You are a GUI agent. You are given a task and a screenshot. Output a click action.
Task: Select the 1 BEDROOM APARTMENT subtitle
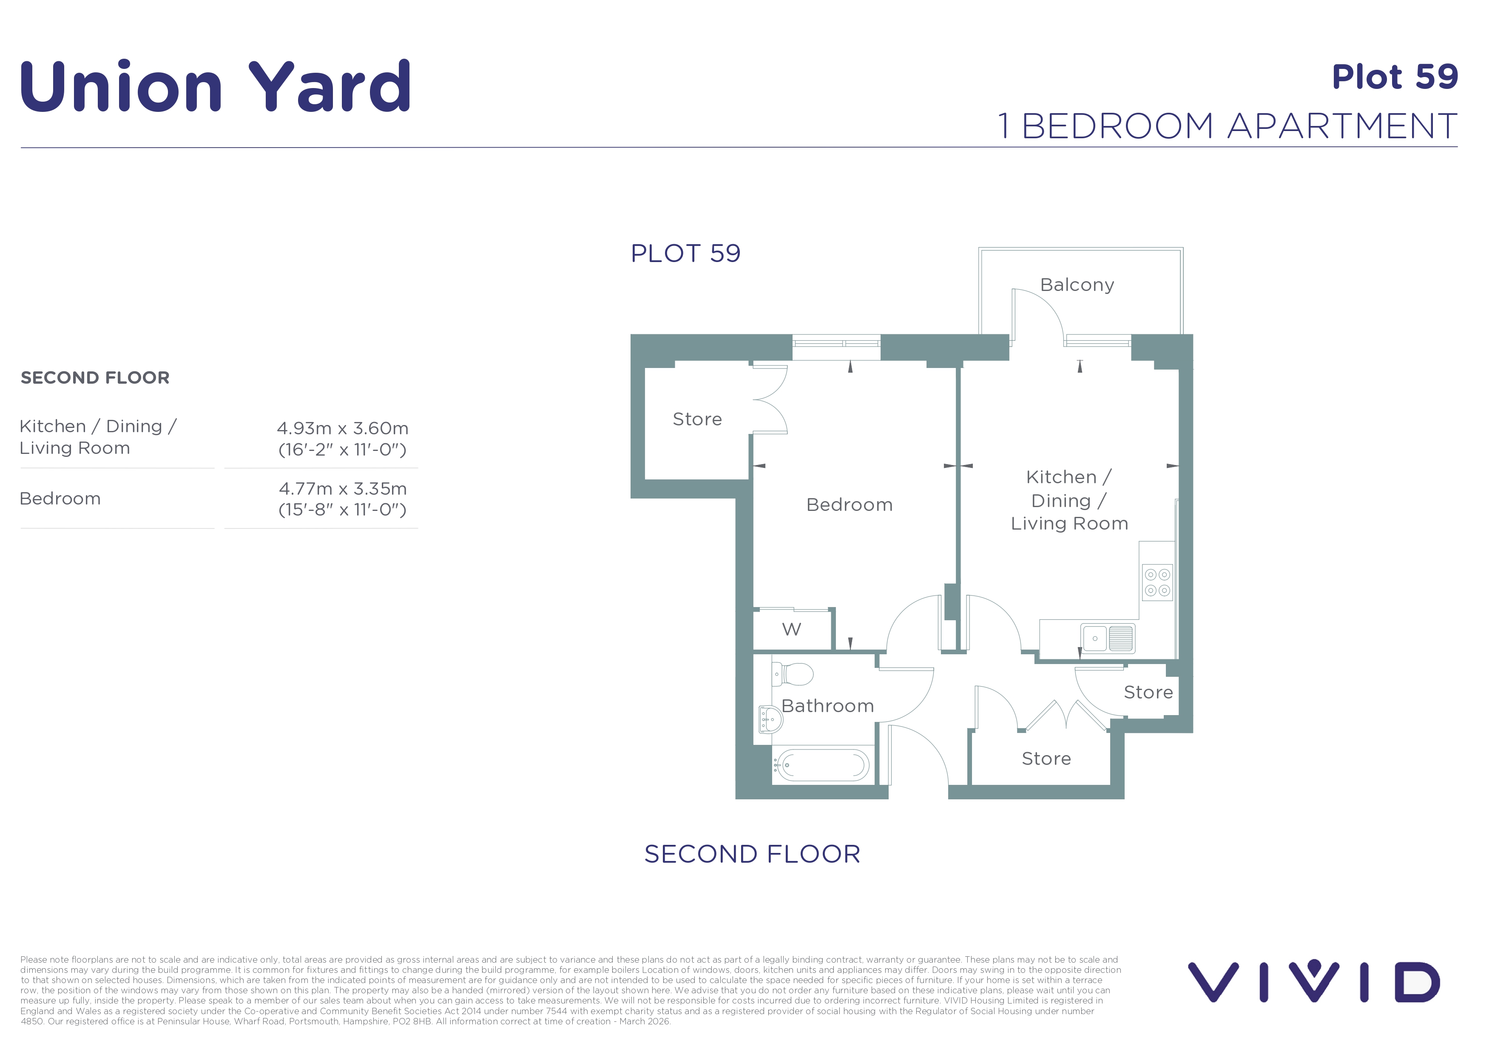tap(1228, 125)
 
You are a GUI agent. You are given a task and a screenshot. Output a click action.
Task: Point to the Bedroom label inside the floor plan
tap(850, 505)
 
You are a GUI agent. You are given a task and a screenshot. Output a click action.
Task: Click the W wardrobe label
tap(791, 629)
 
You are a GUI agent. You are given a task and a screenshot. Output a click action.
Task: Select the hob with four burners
tap(1157, 582)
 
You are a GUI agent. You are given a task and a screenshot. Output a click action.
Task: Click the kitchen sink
tap(1107, 639)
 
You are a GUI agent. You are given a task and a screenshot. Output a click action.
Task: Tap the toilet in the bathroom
tap(792, 674)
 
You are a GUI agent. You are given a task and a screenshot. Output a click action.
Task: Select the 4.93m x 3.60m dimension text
tap(342, 428)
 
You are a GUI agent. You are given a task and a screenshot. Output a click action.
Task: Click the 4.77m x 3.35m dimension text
tap(342, 489)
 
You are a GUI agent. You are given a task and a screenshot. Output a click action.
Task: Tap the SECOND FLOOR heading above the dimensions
tap(95, 378)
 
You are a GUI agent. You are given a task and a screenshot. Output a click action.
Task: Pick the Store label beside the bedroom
tap(697, 419)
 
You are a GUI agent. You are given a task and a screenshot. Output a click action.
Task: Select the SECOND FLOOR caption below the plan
tap(753, 854)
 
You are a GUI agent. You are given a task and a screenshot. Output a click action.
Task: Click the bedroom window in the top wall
tap(836, 347)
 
